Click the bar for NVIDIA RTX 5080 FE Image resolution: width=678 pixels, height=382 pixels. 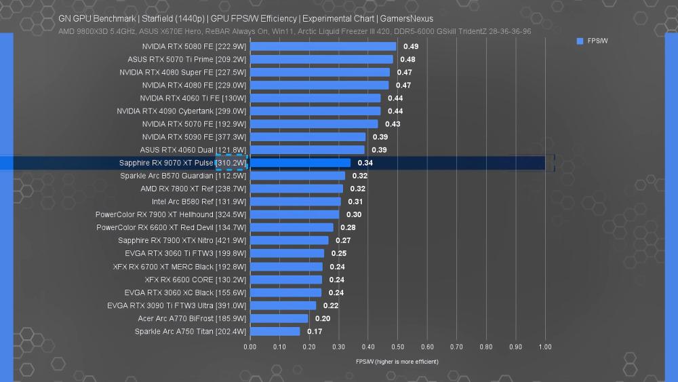coord(323,46)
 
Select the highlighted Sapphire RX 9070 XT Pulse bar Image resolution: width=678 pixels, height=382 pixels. coord(300,163)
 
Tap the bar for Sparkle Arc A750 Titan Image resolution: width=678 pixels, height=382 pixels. coord(275,331)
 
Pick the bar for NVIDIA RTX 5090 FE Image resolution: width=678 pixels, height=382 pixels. coord(308,137)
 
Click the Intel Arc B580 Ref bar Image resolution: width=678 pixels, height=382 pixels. coord(296,202)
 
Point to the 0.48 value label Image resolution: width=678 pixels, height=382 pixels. coord(407,59)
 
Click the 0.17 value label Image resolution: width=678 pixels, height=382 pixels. coord(315,331)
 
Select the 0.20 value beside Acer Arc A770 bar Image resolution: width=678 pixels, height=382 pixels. coord(323,318)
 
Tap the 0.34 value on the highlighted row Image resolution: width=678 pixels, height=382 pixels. coord(365,163)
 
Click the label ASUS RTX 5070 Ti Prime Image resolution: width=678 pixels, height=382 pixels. coord(186,59)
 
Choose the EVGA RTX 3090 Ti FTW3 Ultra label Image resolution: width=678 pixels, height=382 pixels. coord(176,305)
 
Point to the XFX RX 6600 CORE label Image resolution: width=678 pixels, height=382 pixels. coord(195,280)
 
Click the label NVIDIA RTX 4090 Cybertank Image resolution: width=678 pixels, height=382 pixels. coord(181,111)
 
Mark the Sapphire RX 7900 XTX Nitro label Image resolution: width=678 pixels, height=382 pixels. coord(182,240)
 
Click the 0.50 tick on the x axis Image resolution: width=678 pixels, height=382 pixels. coord(397,347)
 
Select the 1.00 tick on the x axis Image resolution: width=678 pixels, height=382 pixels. coord(545,347)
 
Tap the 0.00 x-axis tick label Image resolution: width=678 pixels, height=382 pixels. coord(250,347)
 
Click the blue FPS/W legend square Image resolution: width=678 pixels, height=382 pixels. coord(580,41)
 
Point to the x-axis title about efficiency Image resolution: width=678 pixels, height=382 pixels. coord(397,362)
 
